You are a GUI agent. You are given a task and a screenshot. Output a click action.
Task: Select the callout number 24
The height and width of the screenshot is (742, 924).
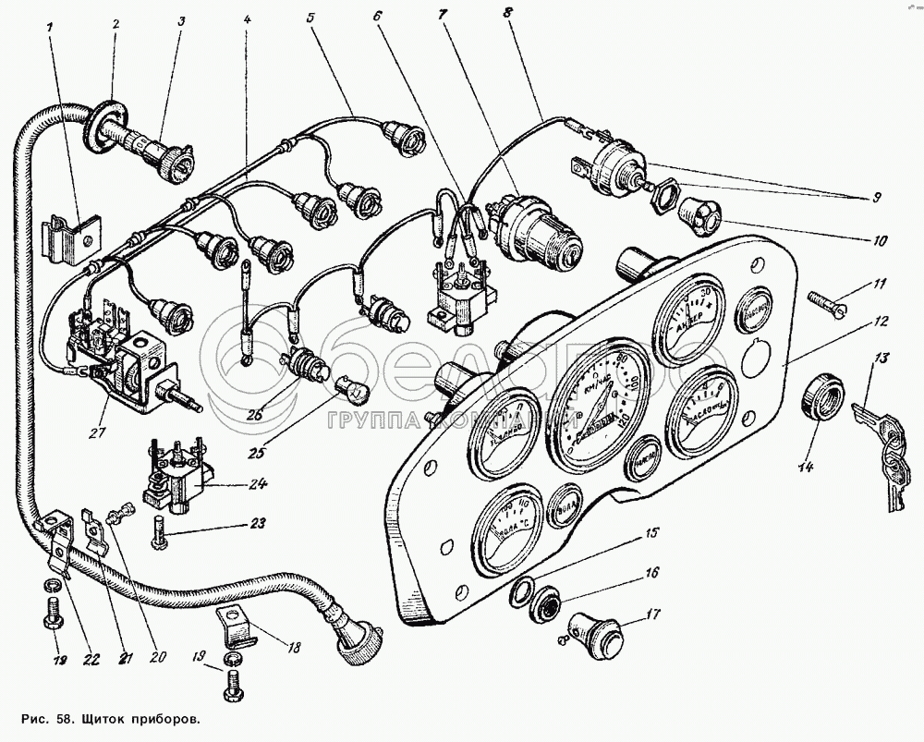pos(257,483)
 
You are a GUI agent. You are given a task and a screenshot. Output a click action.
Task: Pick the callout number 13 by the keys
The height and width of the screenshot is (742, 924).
pos(881,358)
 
